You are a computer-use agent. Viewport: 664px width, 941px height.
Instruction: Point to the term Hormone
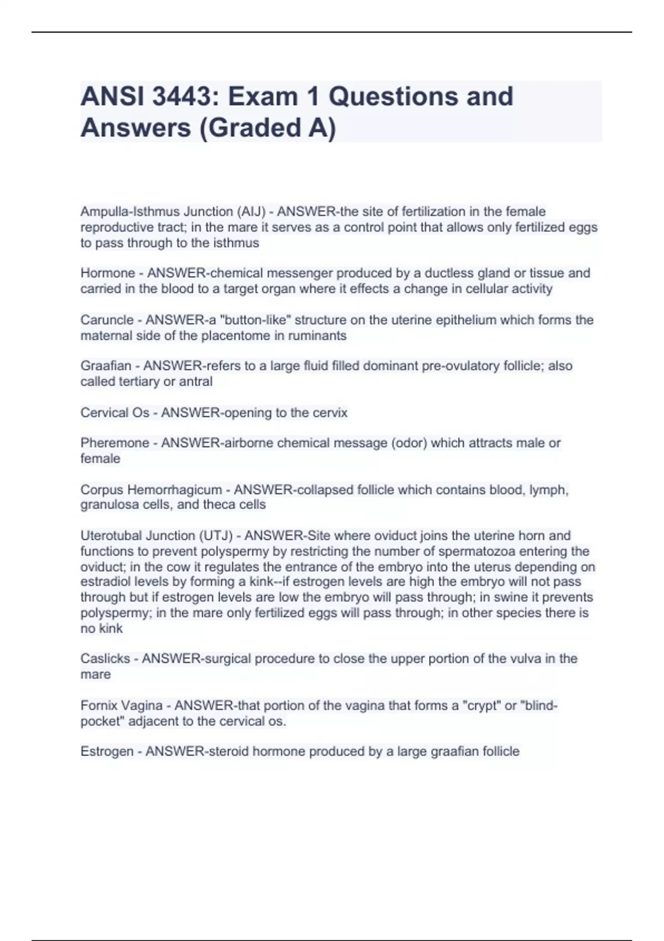pos(108,273)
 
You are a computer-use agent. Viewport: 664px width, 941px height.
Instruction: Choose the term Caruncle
pos(107,320)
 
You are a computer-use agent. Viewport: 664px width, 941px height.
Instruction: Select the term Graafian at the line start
pos(106,366)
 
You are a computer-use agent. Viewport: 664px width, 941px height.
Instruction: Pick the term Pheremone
pos(115,443)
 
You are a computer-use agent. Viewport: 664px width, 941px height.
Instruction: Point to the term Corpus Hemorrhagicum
pos(151,490)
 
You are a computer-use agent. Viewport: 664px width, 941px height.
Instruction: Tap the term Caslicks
pos(105,659)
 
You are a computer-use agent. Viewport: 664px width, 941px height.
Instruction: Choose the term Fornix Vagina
pos(122,706)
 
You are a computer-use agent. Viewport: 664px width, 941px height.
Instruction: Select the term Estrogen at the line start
pos(107,752)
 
